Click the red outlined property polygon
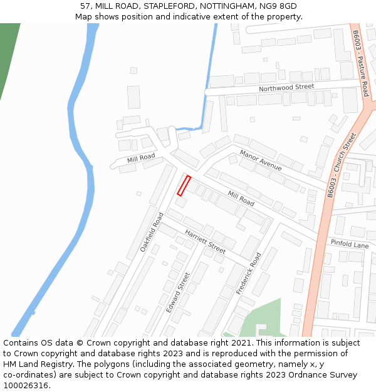tap(184, 186)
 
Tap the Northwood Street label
tap(286, 88)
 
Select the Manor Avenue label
tap(260, 161)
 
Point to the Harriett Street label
tap(204, 241)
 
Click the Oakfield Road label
tap(152, 232)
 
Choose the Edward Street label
tap(177, 293)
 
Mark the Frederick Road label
tap(248, 274)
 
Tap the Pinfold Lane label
tap(350, 243)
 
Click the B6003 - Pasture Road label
tap(360, 63)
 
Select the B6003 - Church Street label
tap(341, 165)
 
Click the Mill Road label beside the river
tap(140, 158)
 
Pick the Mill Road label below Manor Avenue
tap(241, 199)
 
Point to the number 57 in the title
tap(86, 6)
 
